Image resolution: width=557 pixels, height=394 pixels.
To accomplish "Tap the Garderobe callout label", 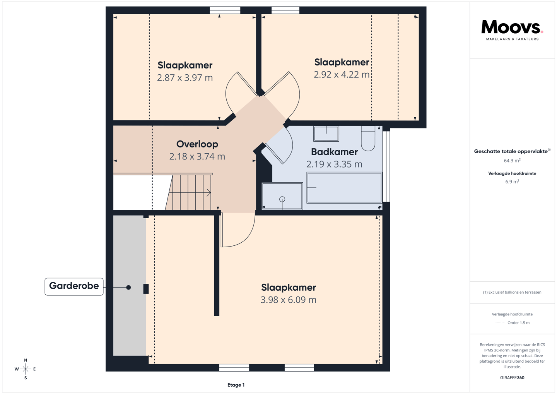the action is (x=74, y=286).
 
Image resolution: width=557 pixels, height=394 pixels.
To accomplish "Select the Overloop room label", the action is (x=197, y=144).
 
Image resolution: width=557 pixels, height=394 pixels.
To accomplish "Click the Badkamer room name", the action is (x=335, y=152).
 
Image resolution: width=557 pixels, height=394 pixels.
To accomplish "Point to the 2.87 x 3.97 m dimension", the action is (x=185, y=78).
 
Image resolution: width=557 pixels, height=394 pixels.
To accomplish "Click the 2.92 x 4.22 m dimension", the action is (x=342, y=75).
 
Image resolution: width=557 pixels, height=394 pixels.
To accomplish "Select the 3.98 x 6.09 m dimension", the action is (x=289, y=300).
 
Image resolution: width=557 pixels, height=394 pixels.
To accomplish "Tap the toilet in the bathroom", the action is (x=368, y=138).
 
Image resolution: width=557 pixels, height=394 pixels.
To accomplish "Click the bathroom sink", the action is (x=326, y=134).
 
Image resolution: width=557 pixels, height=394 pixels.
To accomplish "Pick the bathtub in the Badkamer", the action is (x=344, y=188).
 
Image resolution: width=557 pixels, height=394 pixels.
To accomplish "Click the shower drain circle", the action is (x=282, y=199).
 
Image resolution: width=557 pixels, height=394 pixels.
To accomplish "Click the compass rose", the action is (x=26, y=369).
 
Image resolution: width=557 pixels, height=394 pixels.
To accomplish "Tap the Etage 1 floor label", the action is (x=236, y=385).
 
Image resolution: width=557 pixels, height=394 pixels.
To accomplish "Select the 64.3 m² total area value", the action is (x=512, y=161).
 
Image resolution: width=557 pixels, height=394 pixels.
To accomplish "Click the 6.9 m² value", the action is (x=512, y=182).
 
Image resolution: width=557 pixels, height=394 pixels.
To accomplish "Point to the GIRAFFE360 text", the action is (x=512, y=378).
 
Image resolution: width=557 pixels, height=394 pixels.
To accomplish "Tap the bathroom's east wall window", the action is (x=386, y=166).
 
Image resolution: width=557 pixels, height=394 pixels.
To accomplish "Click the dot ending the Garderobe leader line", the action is (x=128, y=287).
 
